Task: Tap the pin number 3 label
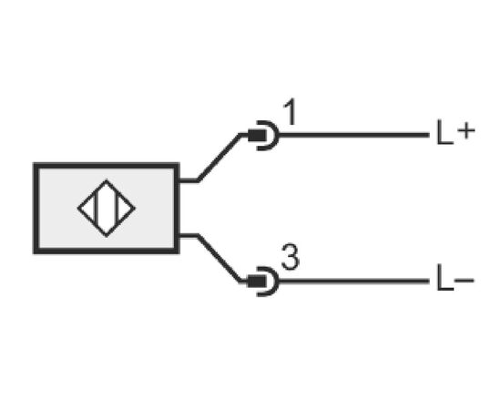pos(290,258)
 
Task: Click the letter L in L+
pos(445,132)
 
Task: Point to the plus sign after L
pos(466,130)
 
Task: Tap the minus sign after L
pos(465,281)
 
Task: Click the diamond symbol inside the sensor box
pos(107,209)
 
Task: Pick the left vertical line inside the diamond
pos(96,209)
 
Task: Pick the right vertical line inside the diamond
pos(118,209)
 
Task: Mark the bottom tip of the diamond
pos(107,237)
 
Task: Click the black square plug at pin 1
pos(257,136)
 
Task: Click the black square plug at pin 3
pos(257,282)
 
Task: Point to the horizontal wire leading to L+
pos(354,135)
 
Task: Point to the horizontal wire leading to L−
pos(354,282)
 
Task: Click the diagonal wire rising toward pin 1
pos(220,158)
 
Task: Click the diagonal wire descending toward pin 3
pos(220,259)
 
